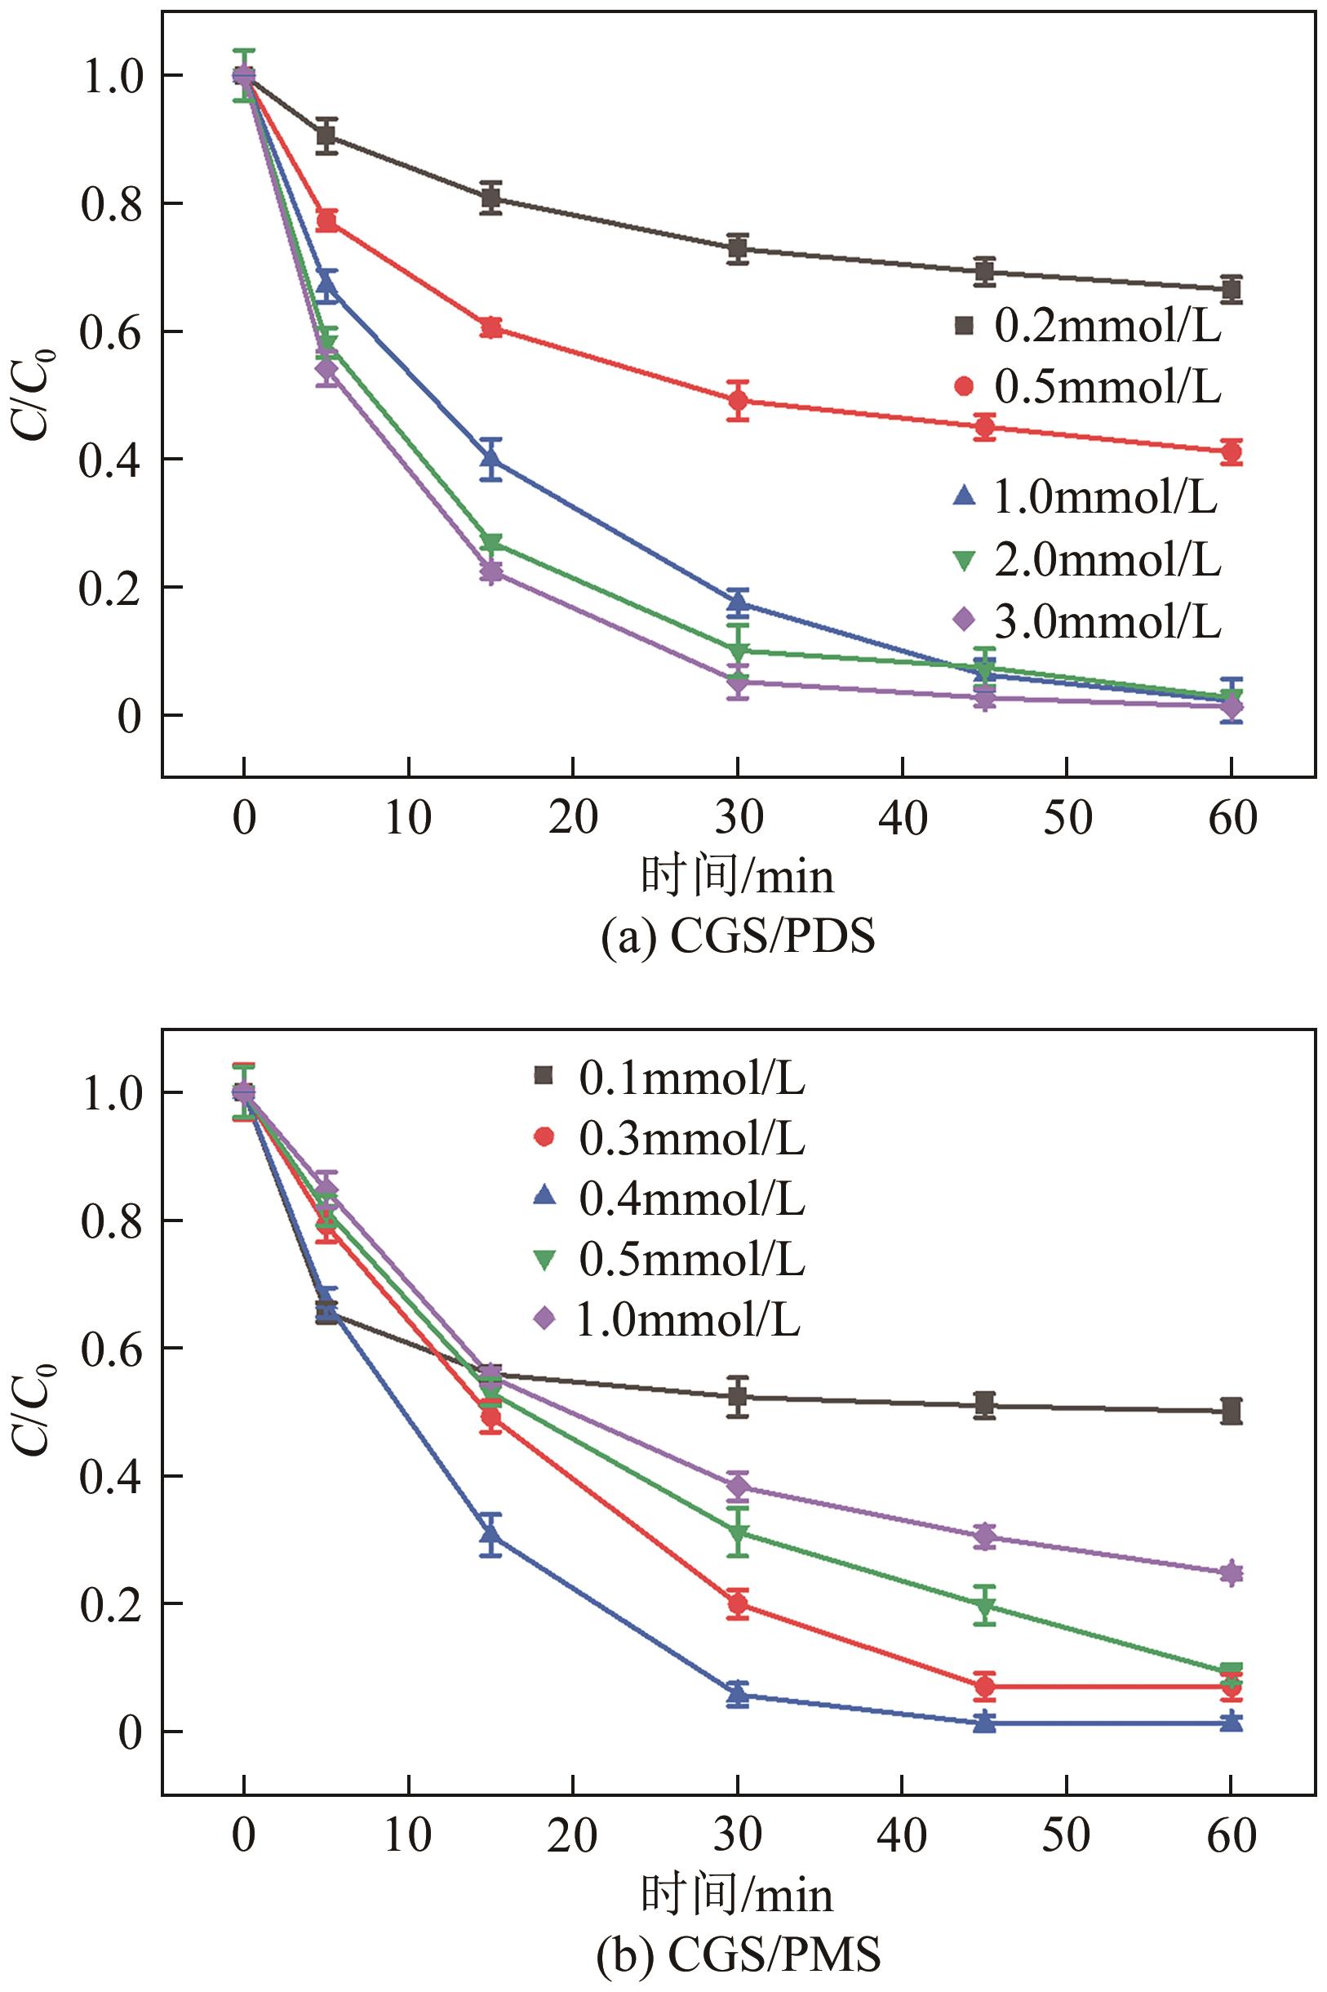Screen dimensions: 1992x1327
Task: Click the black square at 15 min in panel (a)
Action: (490, 198)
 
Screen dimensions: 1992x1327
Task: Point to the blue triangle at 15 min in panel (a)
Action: (490, 459)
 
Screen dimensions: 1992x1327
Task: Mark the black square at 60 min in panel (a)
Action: (1232, 289)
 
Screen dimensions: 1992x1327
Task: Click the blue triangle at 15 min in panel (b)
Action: (490, 1533)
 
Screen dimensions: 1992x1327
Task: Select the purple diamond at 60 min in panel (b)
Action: (1232, 1573)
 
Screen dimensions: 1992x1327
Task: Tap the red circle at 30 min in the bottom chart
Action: (738, 1603)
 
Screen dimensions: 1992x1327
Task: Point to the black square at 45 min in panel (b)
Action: (984, 1405)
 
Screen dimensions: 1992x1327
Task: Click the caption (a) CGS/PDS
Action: (737, 939)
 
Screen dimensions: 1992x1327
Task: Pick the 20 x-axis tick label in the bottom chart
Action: (573, 1834)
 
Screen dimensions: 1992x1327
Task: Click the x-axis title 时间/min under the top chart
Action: (737, 877)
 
